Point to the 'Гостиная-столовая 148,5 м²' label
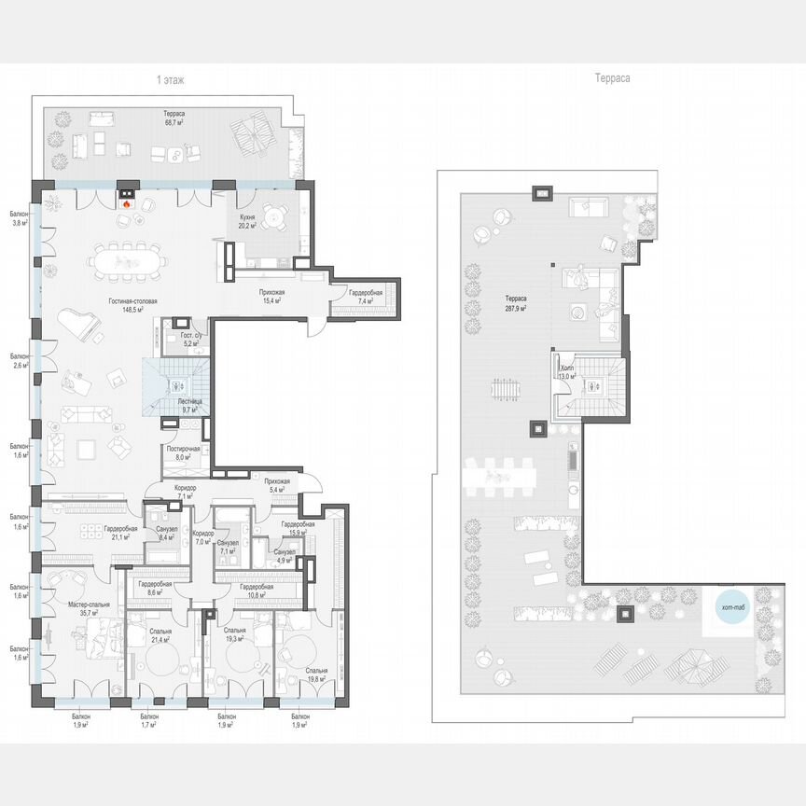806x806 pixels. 126,305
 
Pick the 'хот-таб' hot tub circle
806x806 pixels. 734,609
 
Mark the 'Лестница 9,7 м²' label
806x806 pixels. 189,405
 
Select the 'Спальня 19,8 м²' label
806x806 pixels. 315,675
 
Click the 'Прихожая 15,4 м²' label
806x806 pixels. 271,297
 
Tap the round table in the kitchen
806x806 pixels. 271,217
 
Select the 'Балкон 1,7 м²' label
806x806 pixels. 149,720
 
